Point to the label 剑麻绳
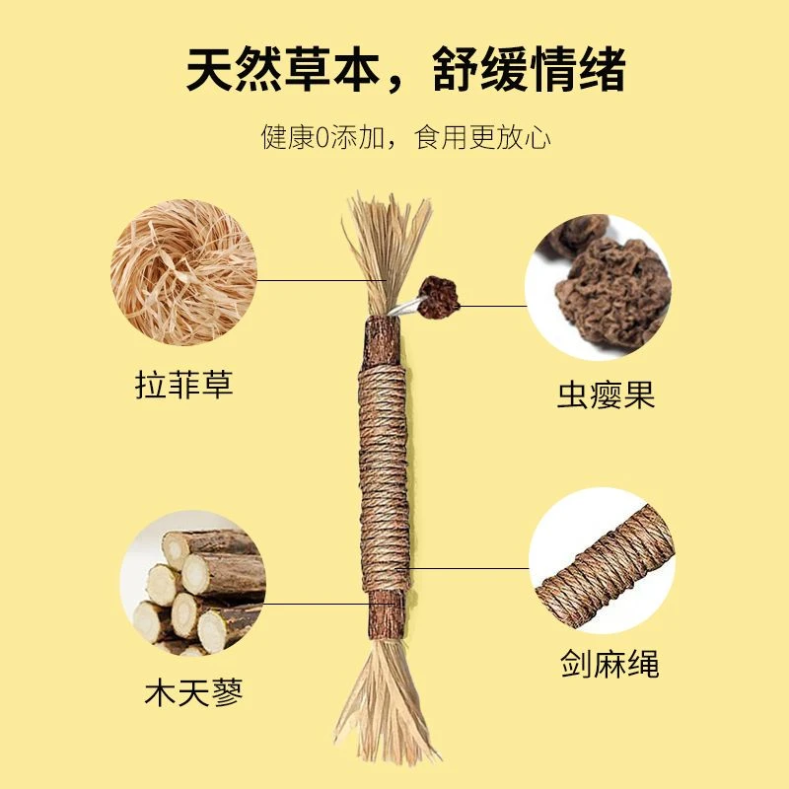606,663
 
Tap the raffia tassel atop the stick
387,247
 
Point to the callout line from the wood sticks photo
316,604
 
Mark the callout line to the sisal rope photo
468,569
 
